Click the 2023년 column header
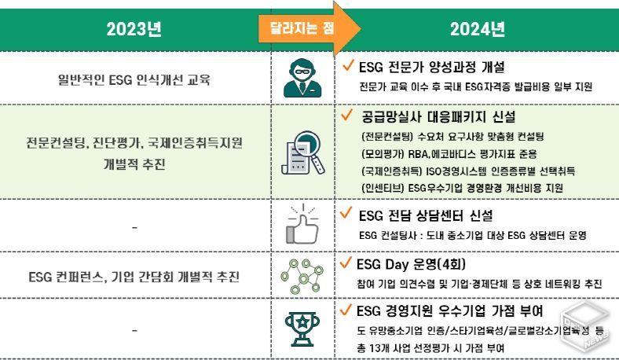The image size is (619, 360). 134,29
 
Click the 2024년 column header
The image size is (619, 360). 478,29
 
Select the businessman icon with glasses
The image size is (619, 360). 302,78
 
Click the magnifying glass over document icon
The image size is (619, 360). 302,152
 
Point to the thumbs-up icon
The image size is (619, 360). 302,224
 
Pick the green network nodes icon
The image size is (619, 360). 302,276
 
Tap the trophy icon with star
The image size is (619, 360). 302,329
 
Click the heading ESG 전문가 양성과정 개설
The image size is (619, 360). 431,67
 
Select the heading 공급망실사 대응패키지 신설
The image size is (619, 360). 438,116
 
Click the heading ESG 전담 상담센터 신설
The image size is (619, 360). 426,215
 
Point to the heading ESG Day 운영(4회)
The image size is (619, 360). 411,264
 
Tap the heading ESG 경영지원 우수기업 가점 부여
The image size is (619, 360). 449,311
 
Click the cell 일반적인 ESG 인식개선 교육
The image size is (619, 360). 134,80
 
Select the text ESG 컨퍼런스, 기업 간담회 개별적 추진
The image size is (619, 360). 134,277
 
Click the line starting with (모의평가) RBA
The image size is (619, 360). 449,154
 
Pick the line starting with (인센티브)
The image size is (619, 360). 462,188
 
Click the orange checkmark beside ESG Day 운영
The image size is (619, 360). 346,263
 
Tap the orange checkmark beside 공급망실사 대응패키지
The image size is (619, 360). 346,115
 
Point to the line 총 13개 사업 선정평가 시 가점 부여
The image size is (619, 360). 430,348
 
